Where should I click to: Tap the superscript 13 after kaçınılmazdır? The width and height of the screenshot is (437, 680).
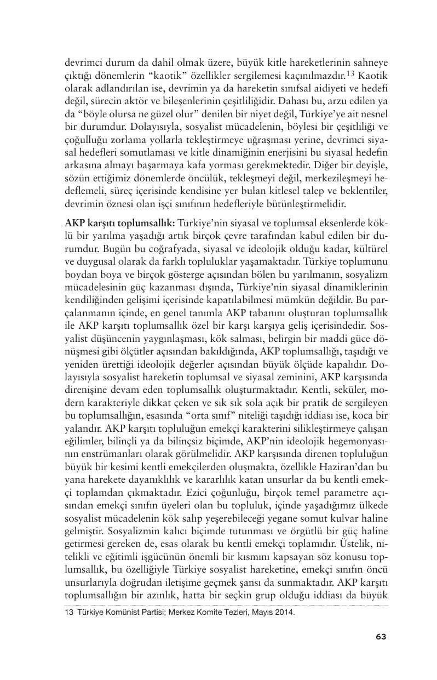pyautogui.click(x=352, y=72)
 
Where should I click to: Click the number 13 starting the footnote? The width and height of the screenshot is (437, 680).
pyautogui.click(x=69, y=613)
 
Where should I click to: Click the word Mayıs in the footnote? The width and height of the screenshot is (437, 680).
pyautogui.click(x=261, y=613)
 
